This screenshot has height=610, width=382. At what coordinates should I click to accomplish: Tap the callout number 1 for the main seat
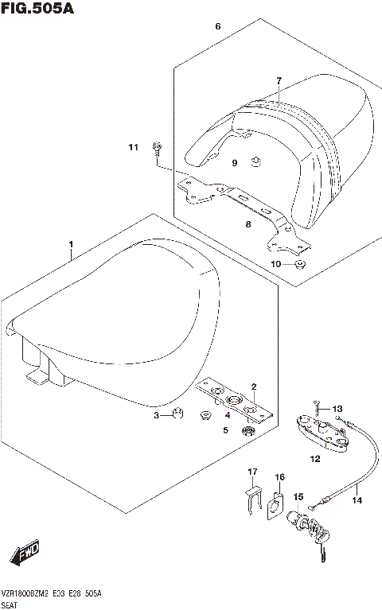pos(71,243)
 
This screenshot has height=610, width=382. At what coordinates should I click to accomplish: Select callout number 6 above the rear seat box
pos(217,27)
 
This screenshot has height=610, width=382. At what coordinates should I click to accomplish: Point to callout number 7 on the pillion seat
pos(279,81)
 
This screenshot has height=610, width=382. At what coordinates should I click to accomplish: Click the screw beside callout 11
pos(158,148)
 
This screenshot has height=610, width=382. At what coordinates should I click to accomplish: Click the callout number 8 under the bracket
pos(248,225)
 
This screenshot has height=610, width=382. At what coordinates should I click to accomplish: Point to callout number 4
pos(227,414)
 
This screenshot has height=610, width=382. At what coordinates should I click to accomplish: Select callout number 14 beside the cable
pos(357,500)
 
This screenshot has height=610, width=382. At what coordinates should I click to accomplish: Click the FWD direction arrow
pos(25,552)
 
